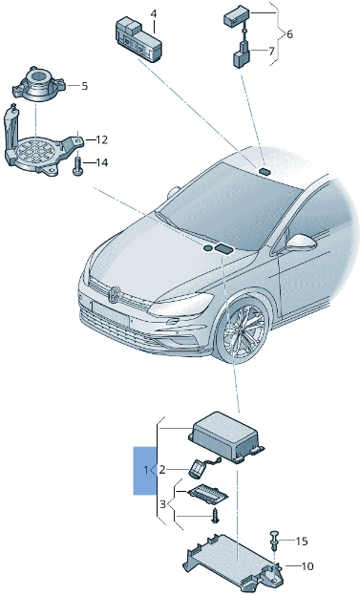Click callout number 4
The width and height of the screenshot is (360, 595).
coord(153,14)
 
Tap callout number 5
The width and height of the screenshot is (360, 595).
coord(85,86)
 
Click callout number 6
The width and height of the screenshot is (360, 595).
coord(289,33)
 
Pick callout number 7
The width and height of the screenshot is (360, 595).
coord(270,51)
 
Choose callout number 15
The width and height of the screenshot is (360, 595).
coord(303,542)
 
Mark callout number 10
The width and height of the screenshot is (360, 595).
coord(307,566)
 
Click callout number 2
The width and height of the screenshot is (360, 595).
coord(161,470)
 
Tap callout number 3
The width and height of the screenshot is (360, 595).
coord(161,503)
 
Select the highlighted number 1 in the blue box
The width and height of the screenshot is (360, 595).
coord(146,470)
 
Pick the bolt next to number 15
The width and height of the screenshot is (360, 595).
coord(275,539)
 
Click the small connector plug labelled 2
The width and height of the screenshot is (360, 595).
coord(201,467)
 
